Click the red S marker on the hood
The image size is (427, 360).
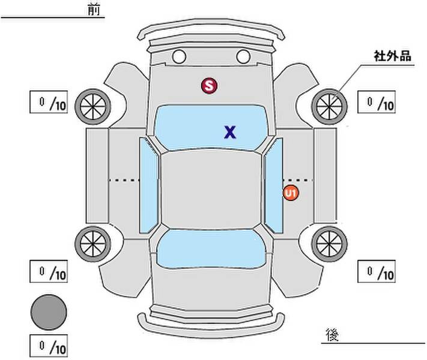pyautogui.click(x=208, y=86)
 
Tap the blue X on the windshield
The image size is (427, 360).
pyautogui.click(x=229, y=133)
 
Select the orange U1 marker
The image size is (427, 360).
pyautogui.click(x=291, y=193)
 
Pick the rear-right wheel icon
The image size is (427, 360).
pyautogui.click(x=329, y=242)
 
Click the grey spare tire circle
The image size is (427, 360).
pyautogui.click(x=49, y=311)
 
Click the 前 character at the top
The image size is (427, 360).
pyautogui.click(x=93, y=10)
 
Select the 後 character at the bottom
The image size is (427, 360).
pyautogui.click(x=332, y=334)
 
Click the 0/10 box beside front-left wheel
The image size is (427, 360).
pyautogui.click(x=49, y=103)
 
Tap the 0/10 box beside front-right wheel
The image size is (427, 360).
pyautogui.click(x=377, y=103)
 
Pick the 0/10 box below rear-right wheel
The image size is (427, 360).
pyautogui.click(x=377, y=272)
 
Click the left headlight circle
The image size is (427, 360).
pyautogui.click(x=179, y=57)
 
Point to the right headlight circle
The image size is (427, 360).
pyautogui.click(x=243, y=57)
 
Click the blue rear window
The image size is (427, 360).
pyautogui.click(x=210, y=248)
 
